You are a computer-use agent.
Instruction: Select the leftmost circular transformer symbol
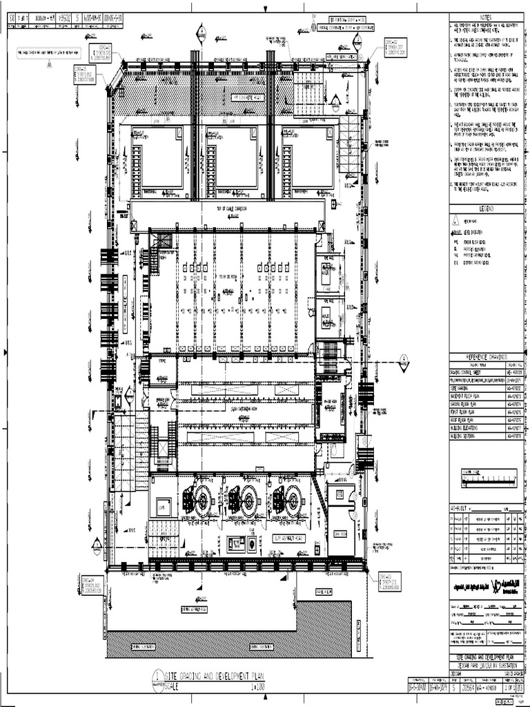[x=204, y=497]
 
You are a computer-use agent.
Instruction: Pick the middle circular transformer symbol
[x=248, y=497]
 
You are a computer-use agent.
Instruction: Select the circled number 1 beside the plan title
[x=159, y=676]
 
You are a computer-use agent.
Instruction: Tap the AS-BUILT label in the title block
[x=459, y=507]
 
